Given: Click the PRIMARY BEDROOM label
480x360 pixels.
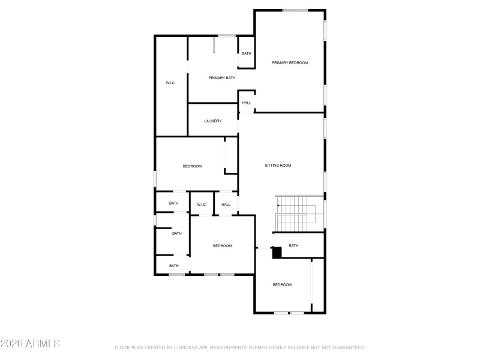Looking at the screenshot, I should (x=290, y=62).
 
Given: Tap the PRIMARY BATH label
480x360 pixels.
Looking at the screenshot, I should (x=222, y=78).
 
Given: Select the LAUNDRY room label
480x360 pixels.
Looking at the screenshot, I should (x=213, y=121).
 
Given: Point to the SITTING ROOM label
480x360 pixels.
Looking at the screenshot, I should (x=278, y=165).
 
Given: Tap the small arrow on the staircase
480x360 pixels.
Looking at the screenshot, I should (x=278, y=206).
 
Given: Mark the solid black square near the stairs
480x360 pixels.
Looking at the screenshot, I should (x=277, y=253).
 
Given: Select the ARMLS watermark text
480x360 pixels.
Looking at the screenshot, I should (x=41, y=344).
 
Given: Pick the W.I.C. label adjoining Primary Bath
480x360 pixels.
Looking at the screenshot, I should (x=170, y=82).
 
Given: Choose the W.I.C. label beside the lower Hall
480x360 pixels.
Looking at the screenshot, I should (x=202, y=205).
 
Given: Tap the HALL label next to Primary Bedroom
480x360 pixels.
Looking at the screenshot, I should (x=247, y=103).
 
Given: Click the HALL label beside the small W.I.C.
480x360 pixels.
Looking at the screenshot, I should (x=226, y=205).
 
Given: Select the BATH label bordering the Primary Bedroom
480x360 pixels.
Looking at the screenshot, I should (x=247, y=54).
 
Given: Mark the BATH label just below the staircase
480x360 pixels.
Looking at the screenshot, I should (x=293, y=245).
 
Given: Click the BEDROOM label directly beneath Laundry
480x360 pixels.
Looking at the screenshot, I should (x=192, y=166).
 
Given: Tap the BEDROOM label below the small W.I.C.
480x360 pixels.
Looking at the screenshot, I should (x=222, y=246).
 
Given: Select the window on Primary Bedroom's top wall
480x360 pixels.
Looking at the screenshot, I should (x=295, y=10).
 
